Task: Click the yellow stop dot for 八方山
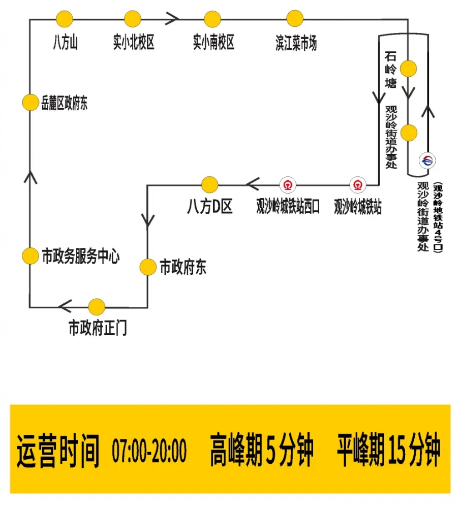point(65,19)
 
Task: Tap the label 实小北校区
point(134,43)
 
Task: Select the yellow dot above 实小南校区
point(212,19)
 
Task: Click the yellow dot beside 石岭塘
point(408,68)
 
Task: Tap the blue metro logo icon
point(427,161)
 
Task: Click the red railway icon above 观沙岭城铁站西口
point(288,184)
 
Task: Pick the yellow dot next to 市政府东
point(148,267)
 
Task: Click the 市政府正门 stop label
point(98,329)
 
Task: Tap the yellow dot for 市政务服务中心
point(30,256)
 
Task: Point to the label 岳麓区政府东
point(65,105)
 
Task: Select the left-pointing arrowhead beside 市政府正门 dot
point(65,306)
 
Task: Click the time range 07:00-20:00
point(149,450)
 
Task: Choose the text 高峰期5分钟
point(262,450)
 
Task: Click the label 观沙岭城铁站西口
point(288,207)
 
